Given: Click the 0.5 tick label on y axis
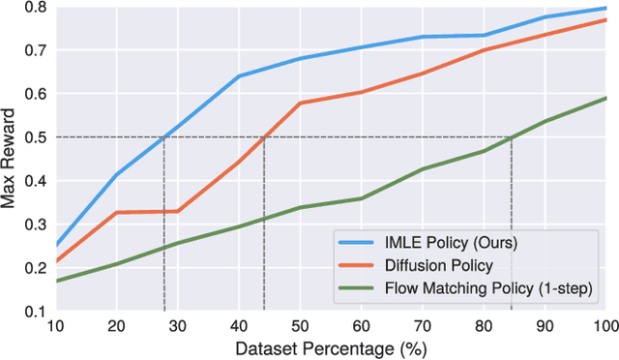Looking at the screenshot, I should pos(36,137).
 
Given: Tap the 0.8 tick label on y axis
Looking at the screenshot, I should pos(36,7).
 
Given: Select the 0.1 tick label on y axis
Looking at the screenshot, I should pos(36,312).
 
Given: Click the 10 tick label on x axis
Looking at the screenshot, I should pos(56,327).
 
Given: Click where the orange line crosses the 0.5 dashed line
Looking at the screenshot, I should pos(264,137).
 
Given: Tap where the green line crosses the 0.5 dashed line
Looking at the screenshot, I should pos(511,137).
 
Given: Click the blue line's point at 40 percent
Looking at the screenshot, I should pos(239,75).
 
